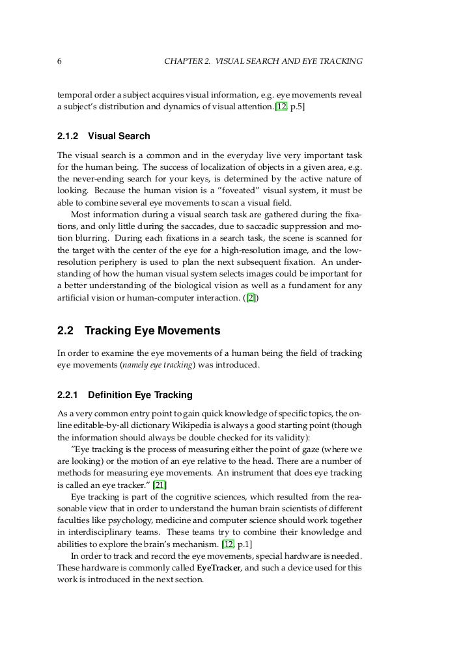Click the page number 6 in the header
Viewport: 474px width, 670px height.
point(60,61)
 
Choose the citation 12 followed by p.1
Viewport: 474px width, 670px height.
point(227,543)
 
